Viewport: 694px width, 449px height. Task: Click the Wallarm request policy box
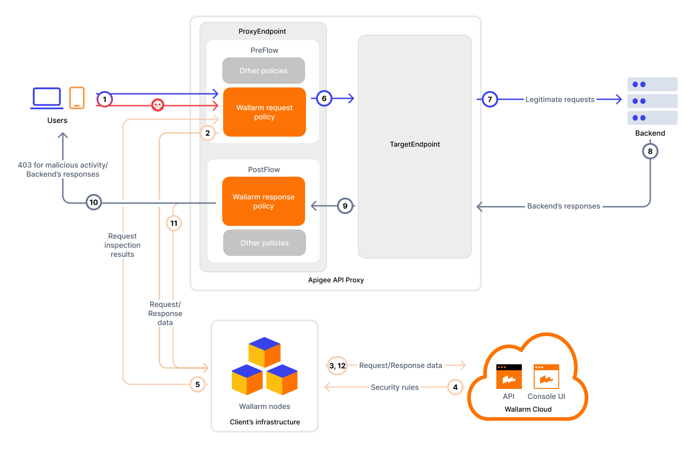point(264,112)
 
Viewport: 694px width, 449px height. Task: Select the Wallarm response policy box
point(263,201)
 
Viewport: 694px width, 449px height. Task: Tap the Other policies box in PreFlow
point(263,71)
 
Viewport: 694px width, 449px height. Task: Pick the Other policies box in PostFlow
point(264,243)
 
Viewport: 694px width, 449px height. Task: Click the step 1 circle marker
point(105,99)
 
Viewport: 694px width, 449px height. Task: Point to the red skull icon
point(158,105)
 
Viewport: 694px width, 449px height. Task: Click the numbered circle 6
point(324,98)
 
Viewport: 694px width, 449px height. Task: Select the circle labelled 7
point(490,99)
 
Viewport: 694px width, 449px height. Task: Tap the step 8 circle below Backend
point(650,151)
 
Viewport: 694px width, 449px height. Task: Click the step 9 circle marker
point(345,206)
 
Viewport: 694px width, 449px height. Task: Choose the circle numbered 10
point(94,202)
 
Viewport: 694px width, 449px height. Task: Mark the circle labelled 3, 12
point(337,366)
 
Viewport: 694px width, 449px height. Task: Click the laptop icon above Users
point(47,98)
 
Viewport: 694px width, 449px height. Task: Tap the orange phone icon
point(77,98)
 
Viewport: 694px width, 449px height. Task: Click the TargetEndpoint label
point(414,144)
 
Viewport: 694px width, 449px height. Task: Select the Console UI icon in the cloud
point(546,377)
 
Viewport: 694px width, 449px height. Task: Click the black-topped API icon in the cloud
point(509,377)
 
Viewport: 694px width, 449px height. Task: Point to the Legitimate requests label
point(560,99)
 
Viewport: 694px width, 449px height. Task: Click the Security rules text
point(394,387)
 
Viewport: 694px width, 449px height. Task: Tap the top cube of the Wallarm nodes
point(264,352)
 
